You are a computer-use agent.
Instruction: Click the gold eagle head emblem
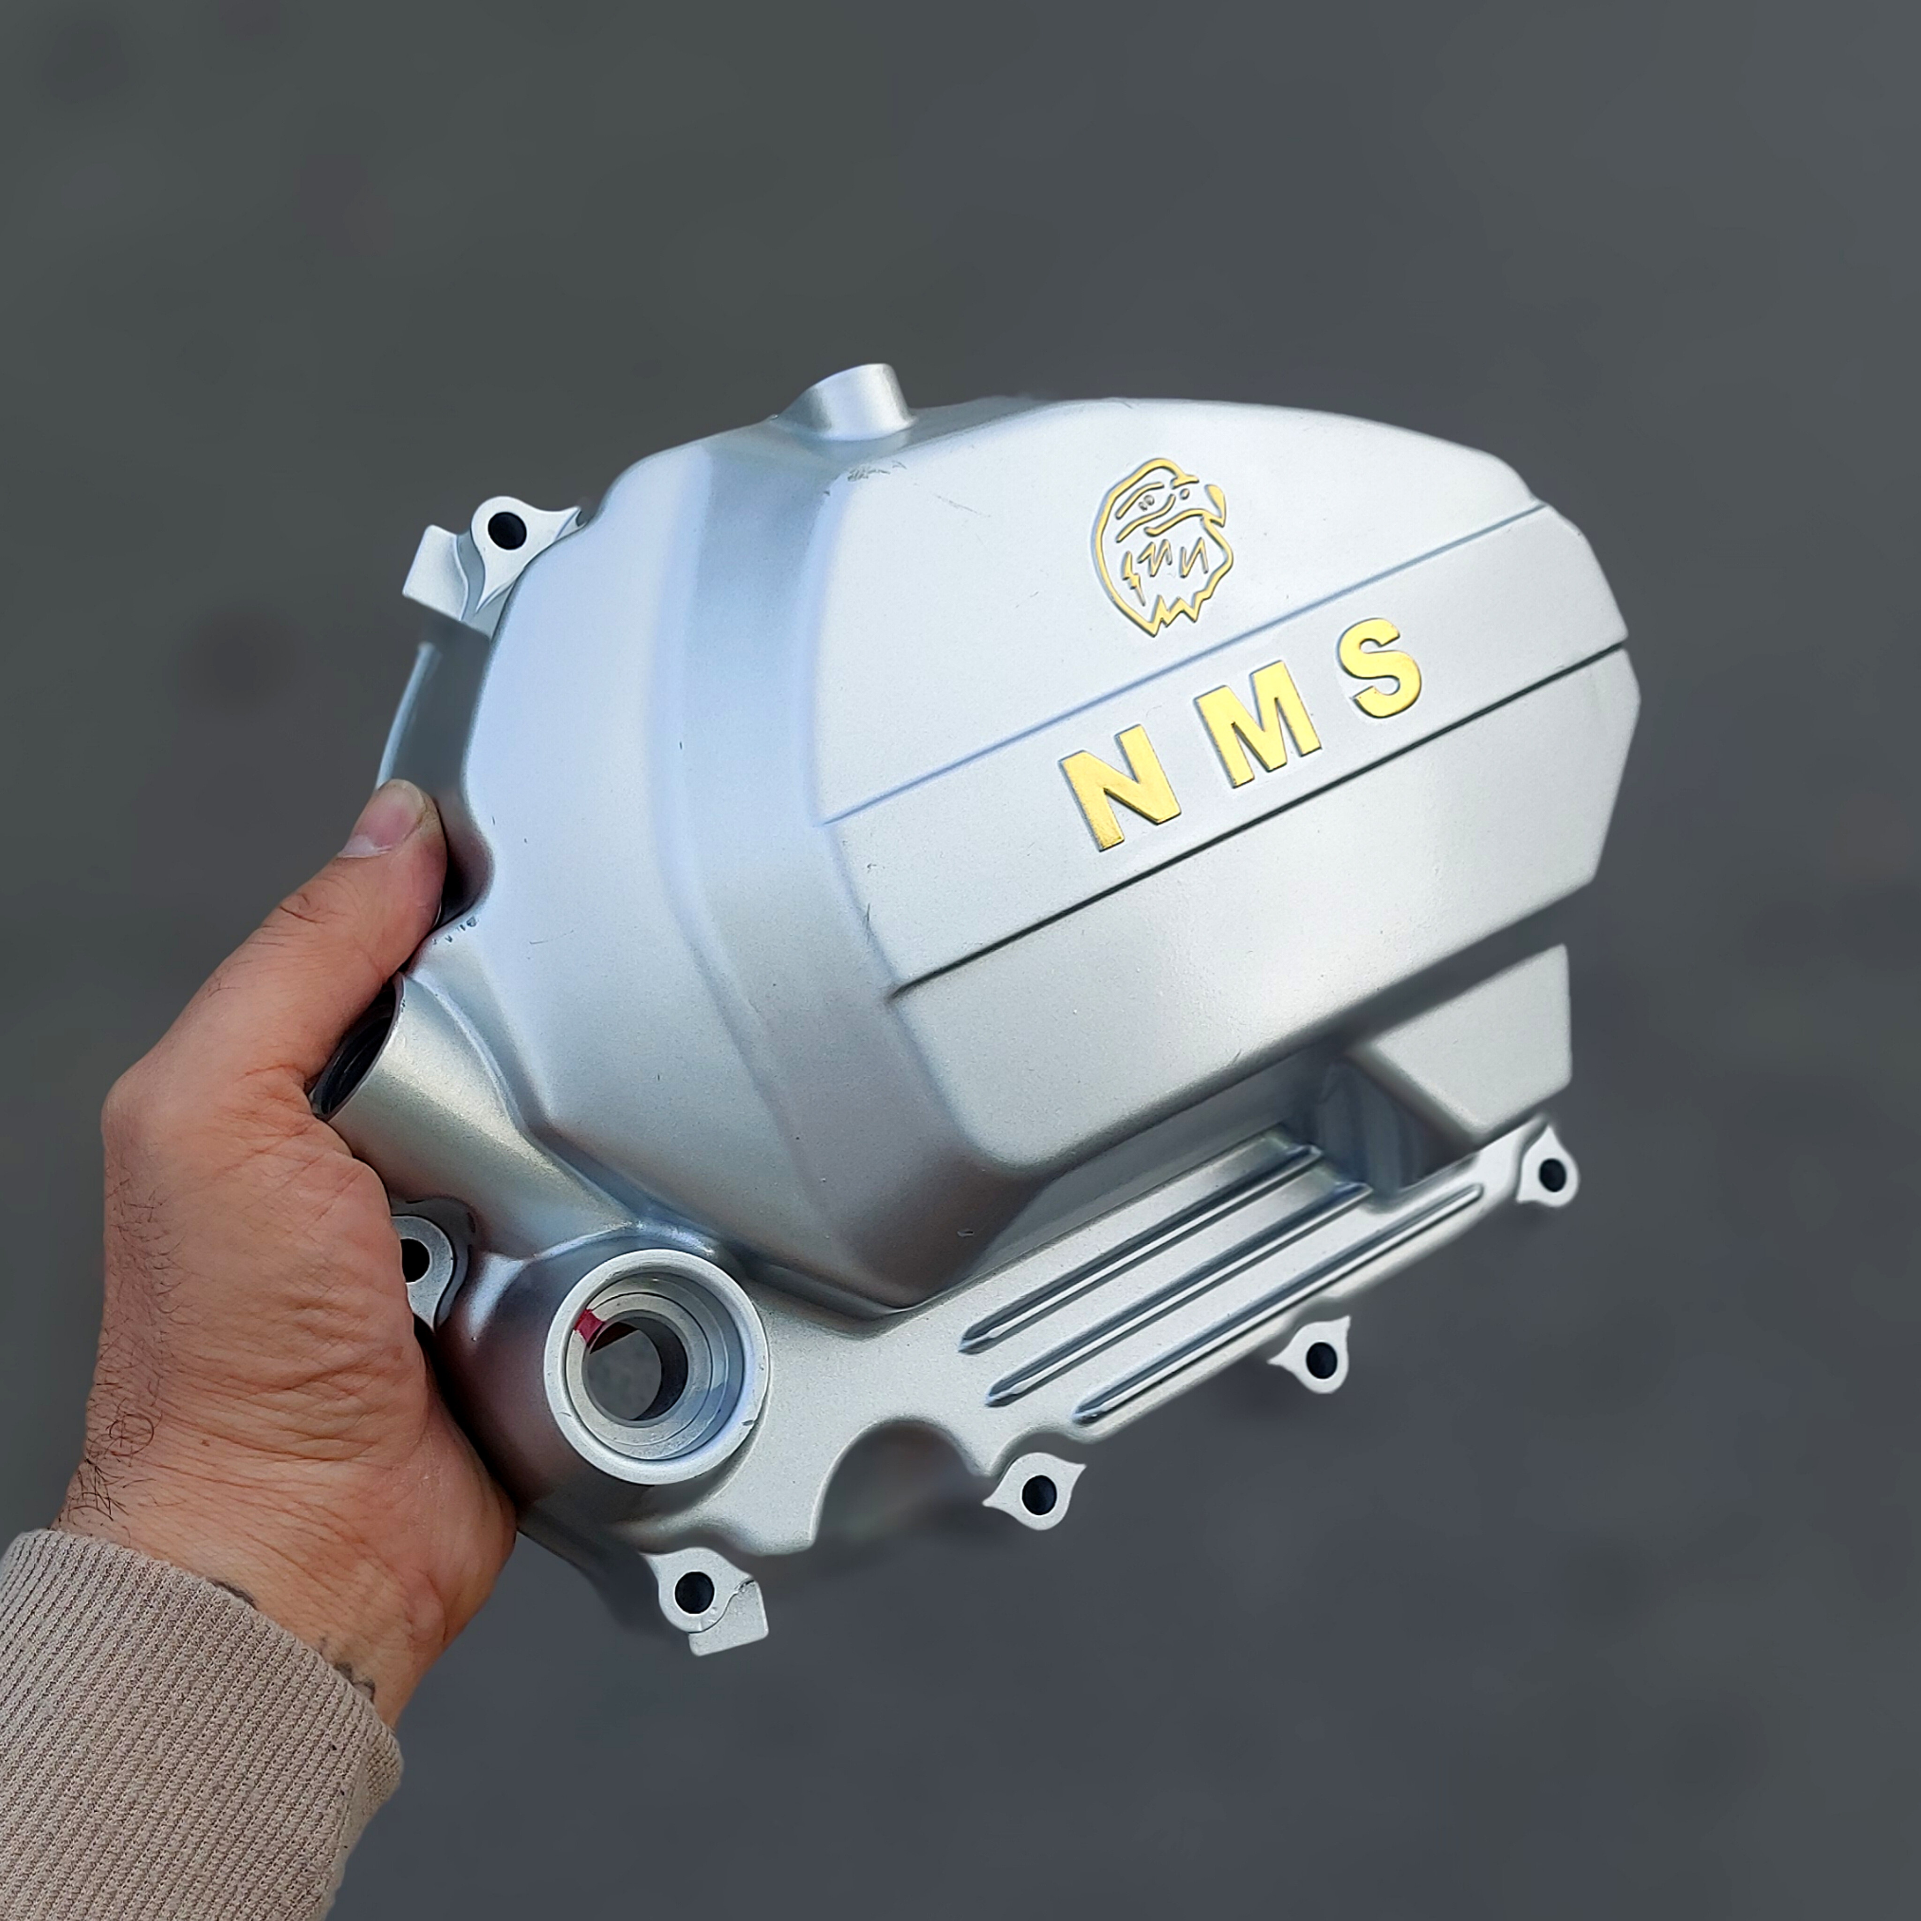(1161, 546)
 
